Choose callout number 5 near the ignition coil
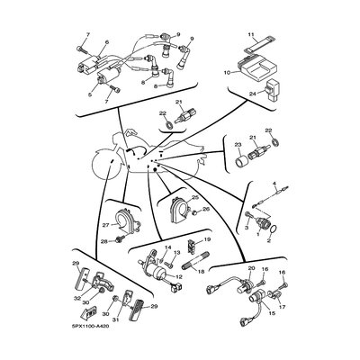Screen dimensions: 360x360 tap(106, 41)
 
